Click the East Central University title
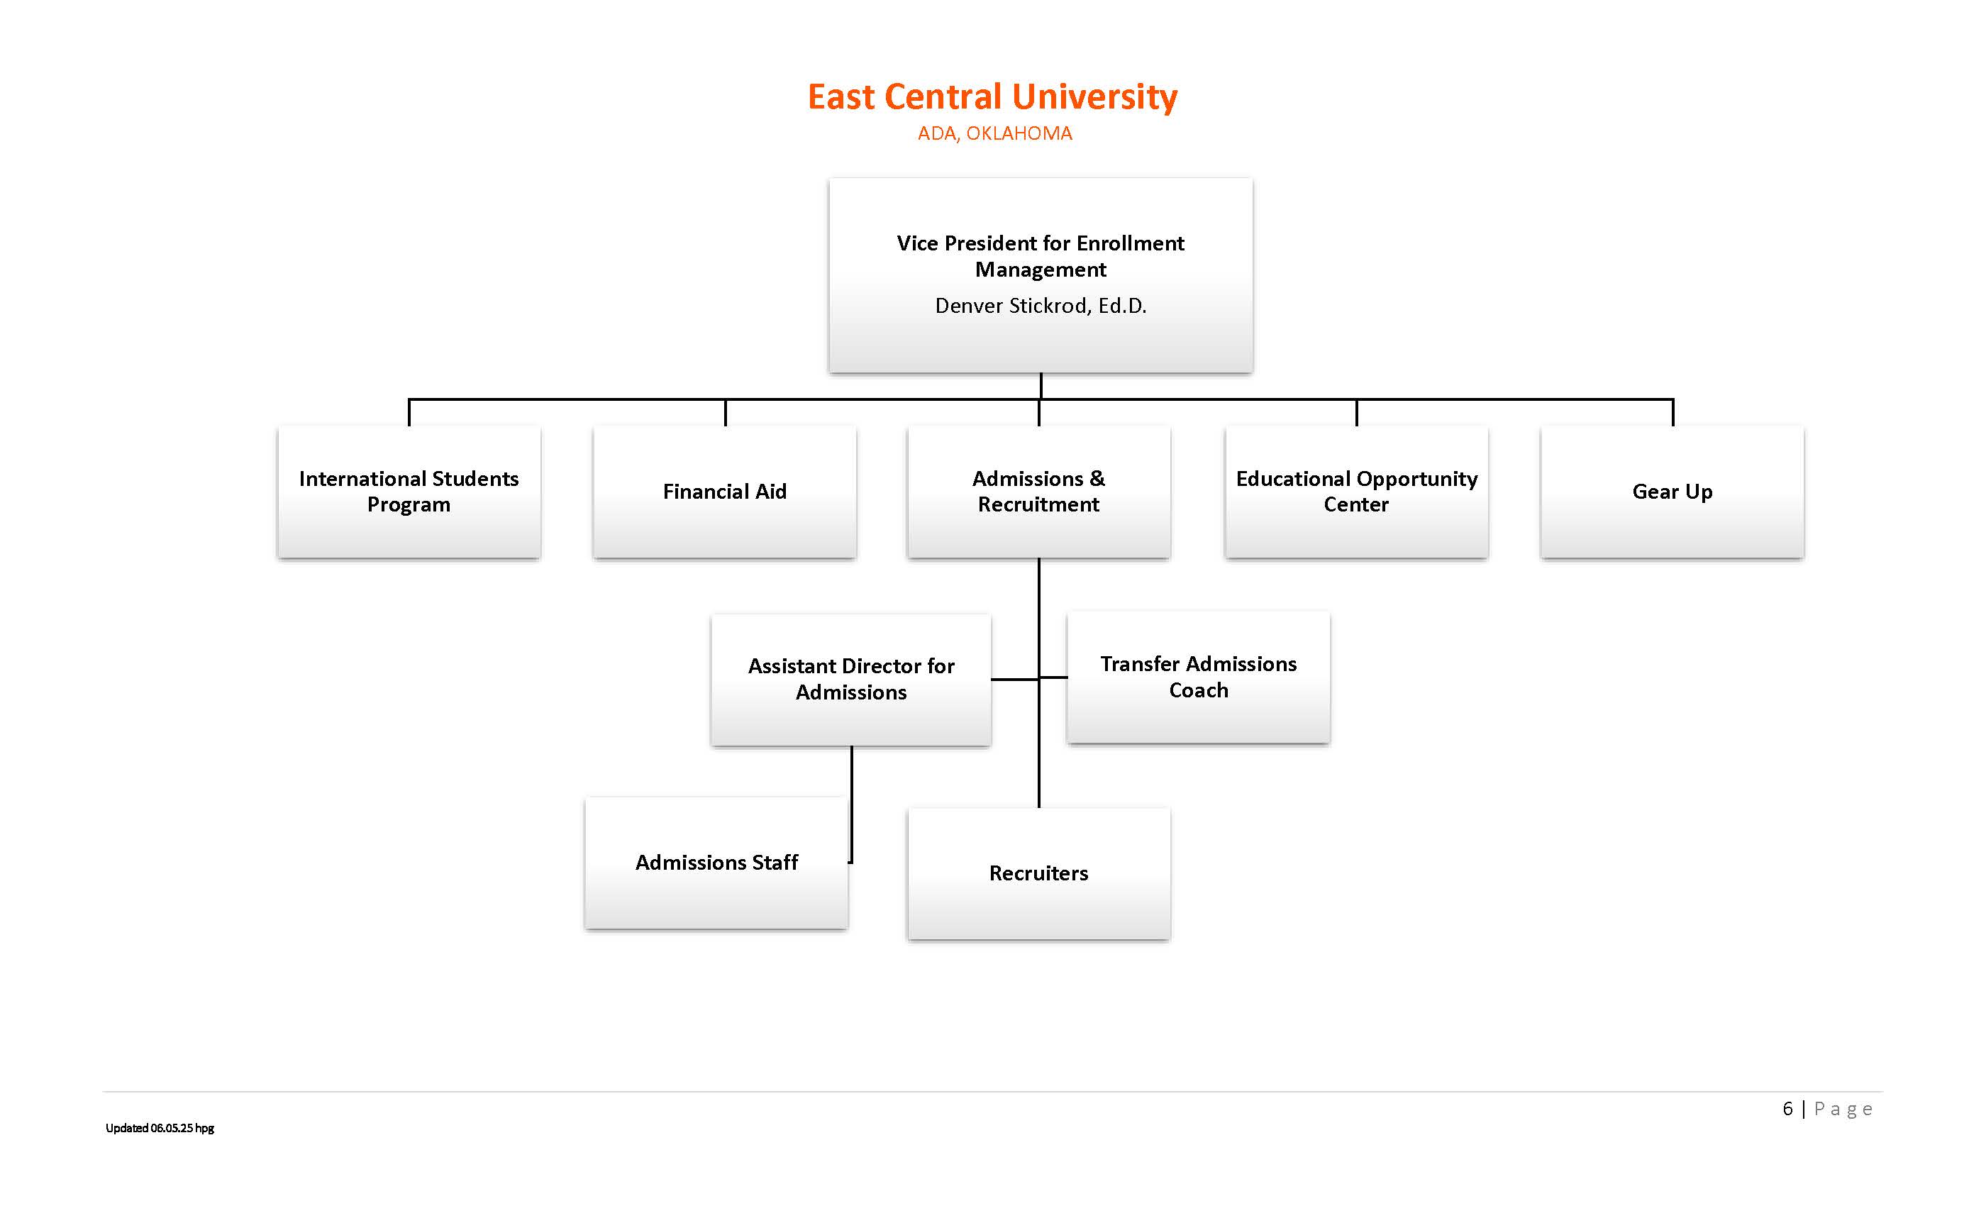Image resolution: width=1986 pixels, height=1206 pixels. [x=992, y=96]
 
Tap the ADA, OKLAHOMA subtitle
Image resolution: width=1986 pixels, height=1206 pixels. [x=994, y=134]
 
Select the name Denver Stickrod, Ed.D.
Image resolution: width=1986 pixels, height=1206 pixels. [x=1041, y=306]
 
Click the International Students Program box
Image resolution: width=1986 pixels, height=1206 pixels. [x=409, y=492]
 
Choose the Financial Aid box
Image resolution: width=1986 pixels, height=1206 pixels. [x=725, y=492]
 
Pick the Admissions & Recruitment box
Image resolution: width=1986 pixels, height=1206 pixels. [x=1038, y=492]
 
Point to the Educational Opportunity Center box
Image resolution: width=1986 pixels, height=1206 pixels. [x=1356, y=492]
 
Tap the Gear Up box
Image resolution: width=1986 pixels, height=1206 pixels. [x=1672, y=492]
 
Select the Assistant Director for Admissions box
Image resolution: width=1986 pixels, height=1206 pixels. [x=851, y=680]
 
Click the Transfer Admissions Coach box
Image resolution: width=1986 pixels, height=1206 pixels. [x=1199, y=677]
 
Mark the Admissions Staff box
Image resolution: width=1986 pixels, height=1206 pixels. [x=716, y=863]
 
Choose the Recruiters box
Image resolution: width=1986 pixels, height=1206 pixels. [x=1038, y=873]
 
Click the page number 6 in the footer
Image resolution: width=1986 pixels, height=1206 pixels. [x=1787, y=1110]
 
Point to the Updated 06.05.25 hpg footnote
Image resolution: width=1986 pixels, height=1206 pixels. [x=160, y=1128]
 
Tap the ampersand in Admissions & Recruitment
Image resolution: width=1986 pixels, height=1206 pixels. [x=1097, y=479]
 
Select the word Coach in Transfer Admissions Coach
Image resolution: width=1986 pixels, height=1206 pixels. [x=1199, y=691]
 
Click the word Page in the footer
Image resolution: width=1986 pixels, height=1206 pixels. [x=1843, y=1110]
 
